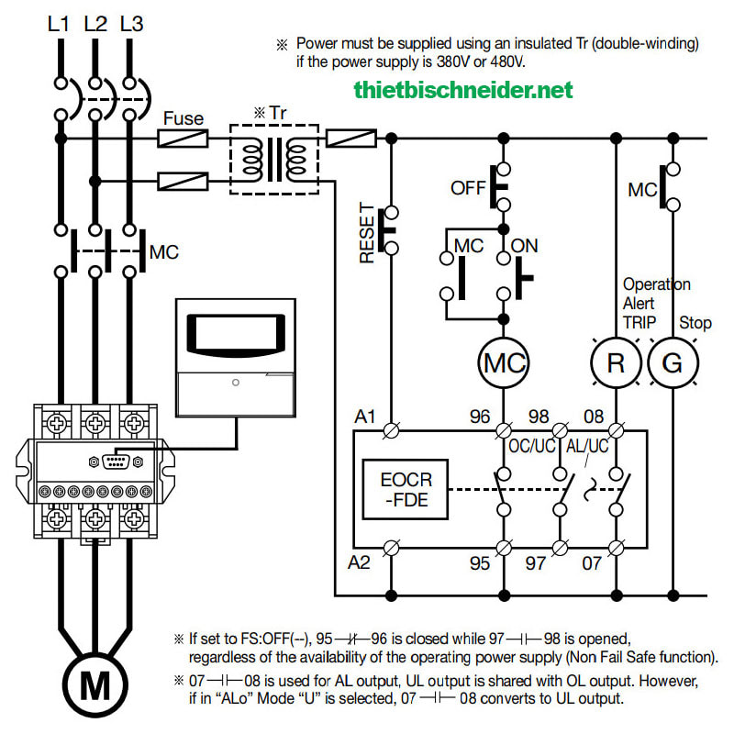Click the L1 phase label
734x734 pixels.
tap(59, 24)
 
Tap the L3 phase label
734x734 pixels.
tap(131, 24)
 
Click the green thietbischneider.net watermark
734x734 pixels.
tap(463, 90)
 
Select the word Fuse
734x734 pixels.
tap(183, 118)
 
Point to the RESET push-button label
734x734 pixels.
tap(367, 233)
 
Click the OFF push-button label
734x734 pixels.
tap(468, 188)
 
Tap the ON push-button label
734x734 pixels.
tap(524, 246)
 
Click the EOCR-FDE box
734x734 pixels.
tap(406, 490)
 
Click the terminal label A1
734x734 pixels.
tap(365, 417)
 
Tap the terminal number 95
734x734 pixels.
tap(480, 563)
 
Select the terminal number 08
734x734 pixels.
tap(594, 417)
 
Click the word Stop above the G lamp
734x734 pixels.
tap(695, 323)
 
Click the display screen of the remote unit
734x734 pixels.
tap(236, 333)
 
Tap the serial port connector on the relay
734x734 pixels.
tap(116, 462)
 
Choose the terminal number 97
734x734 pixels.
tap(536, 563)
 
